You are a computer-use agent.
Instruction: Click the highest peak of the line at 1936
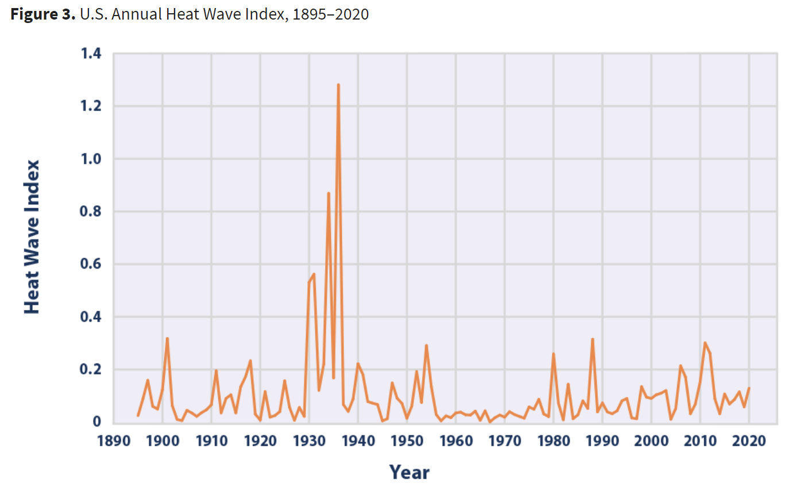[338, 85]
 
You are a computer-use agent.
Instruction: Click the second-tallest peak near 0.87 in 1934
[329, 193]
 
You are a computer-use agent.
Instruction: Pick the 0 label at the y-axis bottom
[98, 423]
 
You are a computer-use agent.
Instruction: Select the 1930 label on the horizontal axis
[309, 441]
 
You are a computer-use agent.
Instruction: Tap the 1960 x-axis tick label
[456, 441]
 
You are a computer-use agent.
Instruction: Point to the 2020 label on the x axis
[749, 441]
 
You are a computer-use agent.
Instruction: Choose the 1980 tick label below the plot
[554, 441]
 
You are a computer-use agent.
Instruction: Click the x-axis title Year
[409, 472]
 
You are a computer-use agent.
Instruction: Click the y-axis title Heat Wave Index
[32, 237]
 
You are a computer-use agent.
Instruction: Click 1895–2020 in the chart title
[330, 14]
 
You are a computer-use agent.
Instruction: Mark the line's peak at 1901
[167, 338]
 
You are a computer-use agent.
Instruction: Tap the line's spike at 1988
[592, 339]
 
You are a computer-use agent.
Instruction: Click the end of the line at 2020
[749, 388]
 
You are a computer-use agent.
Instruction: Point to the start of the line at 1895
[138, 415]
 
